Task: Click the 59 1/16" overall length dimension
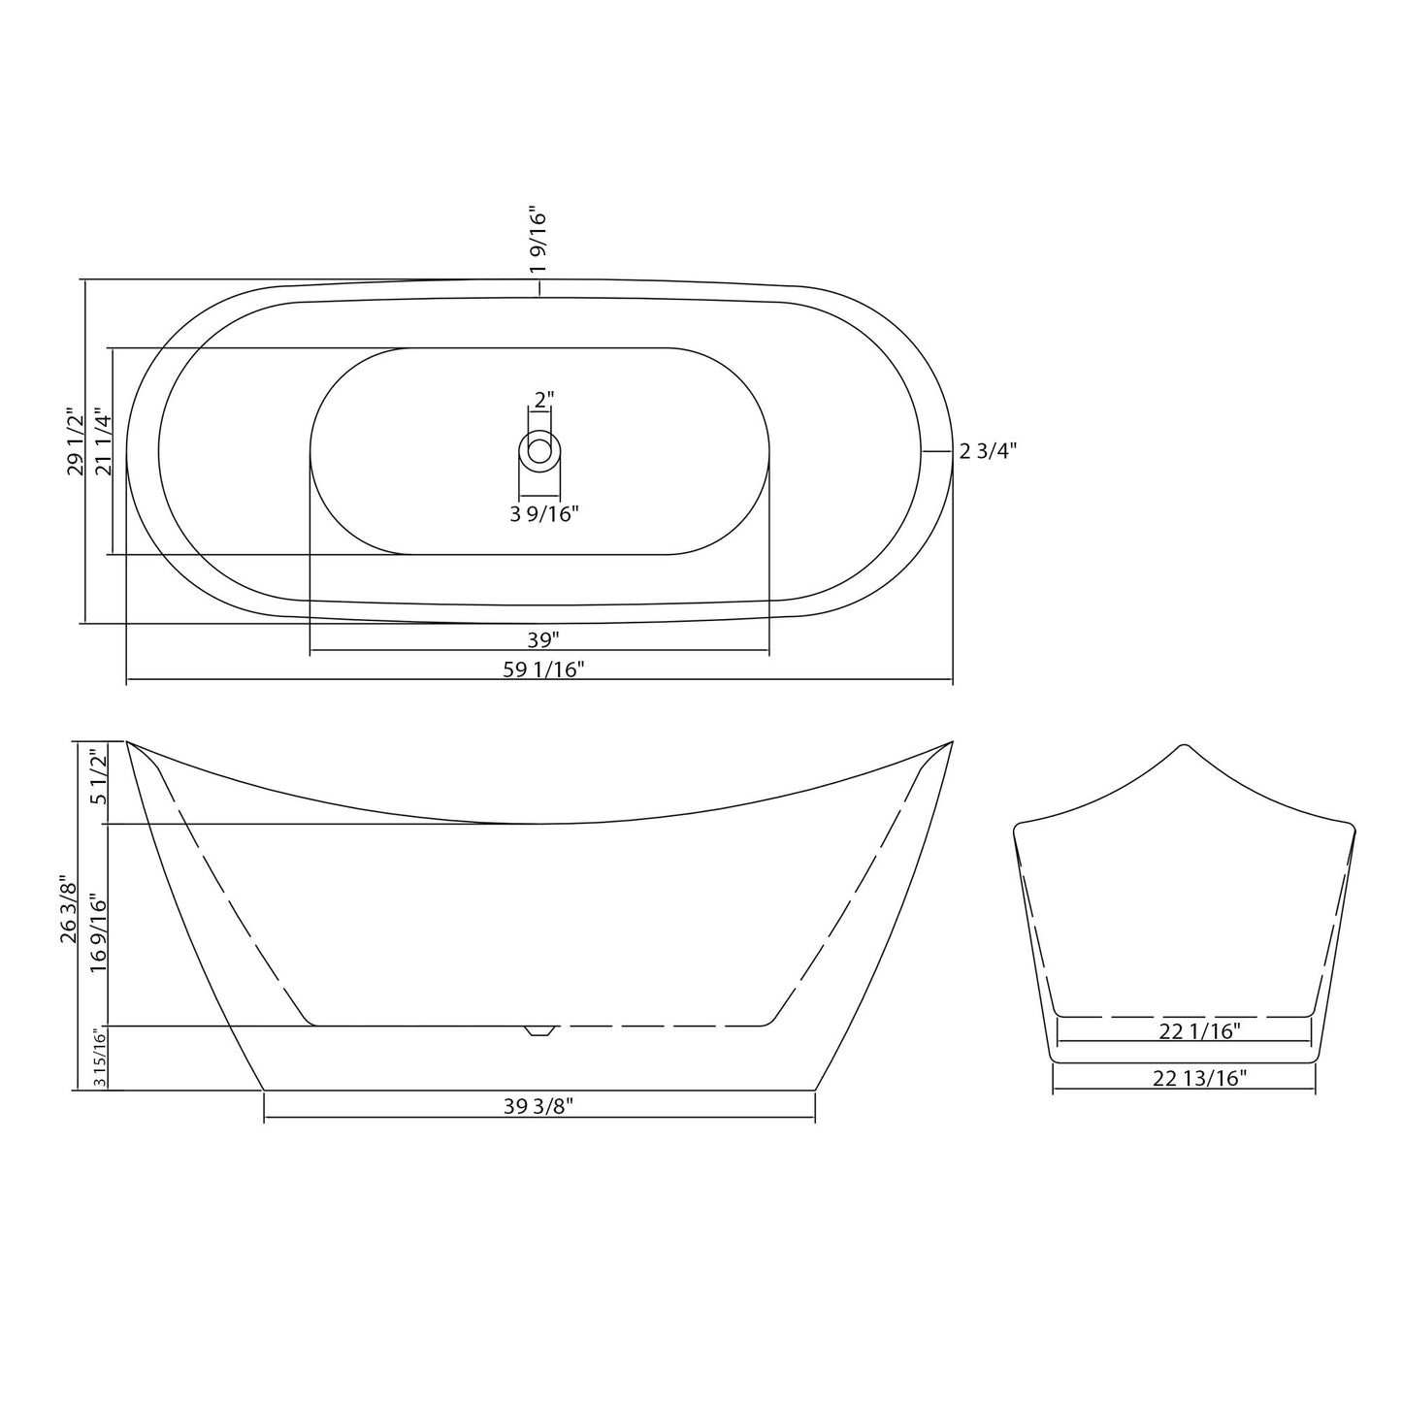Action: pos(543,668)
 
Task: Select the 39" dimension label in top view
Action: pos(543,639)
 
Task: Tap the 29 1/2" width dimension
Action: pos(75,441)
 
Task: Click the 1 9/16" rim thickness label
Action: pos(539,239)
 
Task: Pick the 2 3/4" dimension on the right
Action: pos(988,451)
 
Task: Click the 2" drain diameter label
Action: pos(543,399)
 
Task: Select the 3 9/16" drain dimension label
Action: pos(544,514)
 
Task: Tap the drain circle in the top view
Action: pos(539,450)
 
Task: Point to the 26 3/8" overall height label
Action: pos(69,910)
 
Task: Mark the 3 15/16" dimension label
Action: pos(97,1058)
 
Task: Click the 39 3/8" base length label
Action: pos(538,1107)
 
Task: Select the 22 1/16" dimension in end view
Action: pos(1199,1031)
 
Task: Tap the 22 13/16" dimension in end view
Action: pos(1199,1078)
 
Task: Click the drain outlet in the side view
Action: pos(538,1029)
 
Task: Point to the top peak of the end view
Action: pos(1183,746)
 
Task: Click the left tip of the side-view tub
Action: pos(128,742)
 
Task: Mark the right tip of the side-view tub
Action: pos(952,742)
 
